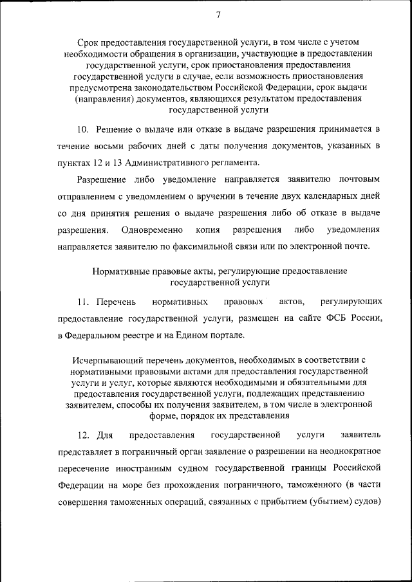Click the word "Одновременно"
152,229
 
